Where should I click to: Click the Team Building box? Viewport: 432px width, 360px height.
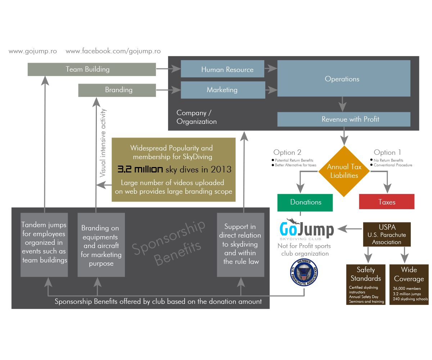pos(92,69)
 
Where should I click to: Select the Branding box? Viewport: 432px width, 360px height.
pos(117,90)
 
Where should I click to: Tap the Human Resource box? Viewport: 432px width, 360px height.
pos(222,69)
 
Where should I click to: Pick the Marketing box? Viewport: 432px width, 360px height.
pos(222,90)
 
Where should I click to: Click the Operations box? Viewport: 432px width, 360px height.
pos(343,78)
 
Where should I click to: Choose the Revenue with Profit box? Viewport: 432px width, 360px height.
pos(343,119)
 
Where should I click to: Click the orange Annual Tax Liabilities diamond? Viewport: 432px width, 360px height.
pos(344,171)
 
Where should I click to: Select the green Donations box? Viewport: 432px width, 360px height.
pos(305,202)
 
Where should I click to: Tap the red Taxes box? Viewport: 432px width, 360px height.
pos(387,202)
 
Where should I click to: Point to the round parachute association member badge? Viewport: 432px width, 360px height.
pos(304,273)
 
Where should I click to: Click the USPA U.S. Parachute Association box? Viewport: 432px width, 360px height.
pos(387,234)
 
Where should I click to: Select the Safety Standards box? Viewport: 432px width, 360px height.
pos(366,284)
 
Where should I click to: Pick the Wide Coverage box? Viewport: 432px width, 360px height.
pos(409,284)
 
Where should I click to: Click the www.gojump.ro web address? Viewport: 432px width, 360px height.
pos(33,51)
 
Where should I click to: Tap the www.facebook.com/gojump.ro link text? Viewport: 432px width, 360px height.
pos(113,51)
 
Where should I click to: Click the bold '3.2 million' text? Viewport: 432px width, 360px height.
pos(140,170)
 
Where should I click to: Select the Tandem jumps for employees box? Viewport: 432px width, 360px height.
pos(44,245)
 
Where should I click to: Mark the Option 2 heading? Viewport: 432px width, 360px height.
pos(287,152)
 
